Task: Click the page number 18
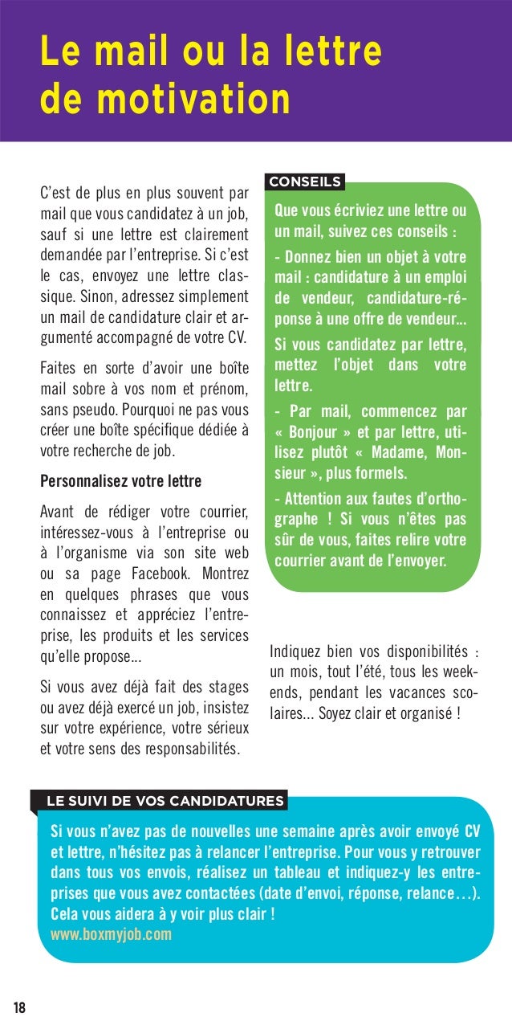click(18, 1008)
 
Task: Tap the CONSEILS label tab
click(305, 182)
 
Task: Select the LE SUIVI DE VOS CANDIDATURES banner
click(165, 801)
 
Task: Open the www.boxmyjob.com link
click(111, 935)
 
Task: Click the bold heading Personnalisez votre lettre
click(120, 482)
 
